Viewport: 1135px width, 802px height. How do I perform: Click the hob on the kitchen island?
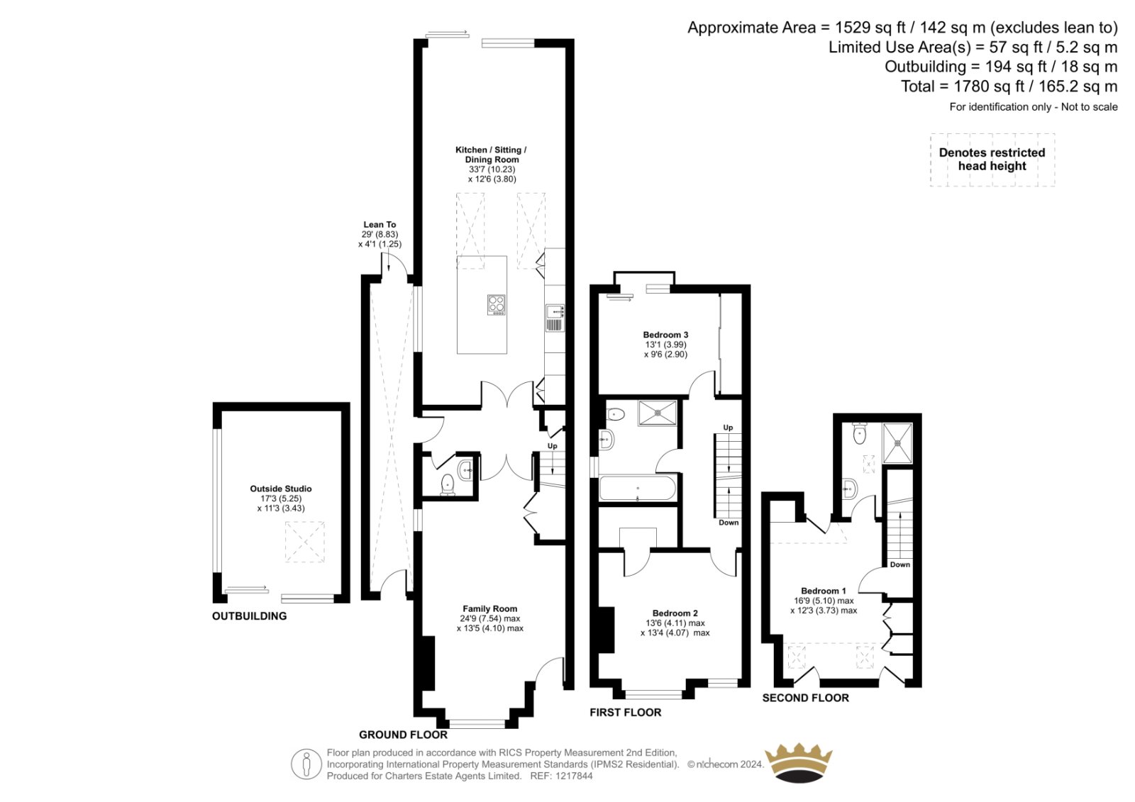(x=496, y=304)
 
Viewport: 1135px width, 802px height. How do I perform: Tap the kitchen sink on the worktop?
(x=555, y=318)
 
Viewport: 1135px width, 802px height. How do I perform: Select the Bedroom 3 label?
(x=665, y=335)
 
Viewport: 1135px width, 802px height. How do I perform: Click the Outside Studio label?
(x=281, y=489)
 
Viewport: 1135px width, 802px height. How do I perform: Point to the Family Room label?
(x=489, y=609)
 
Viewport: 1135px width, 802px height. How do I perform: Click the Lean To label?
(x=380, y=225)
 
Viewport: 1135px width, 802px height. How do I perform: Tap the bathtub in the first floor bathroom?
(x=638, y=488)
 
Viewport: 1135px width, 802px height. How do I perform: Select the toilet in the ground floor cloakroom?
(x=448, y=484)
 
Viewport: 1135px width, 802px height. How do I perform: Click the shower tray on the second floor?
(x=897, y=442)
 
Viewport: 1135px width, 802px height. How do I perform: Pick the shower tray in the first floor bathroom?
(x=657, y=413)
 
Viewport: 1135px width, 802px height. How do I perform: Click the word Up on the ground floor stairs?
(x=553, y=446)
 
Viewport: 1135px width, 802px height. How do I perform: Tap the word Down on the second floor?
(x=900, y=564)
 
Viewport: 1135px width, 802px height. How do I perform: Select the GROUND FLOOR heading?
(x=404, y=735)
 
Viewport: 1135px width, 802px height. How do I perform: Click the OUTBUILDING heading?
(x=249, y=616)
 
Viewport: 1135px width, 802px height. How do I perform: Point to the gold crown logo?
(x=798, y=763)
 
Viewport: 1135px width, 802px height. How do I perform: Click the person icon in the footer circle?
(x=306, y=764)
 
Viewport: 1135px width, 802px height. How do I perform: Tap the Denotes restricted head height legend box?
(x=992, y=160)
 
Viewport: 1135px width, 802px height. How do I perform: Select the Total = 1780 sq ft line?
(x=1009, y=87)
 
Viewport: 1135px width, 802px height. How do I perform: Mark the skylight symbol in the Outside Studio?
(x=304, y=542)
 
